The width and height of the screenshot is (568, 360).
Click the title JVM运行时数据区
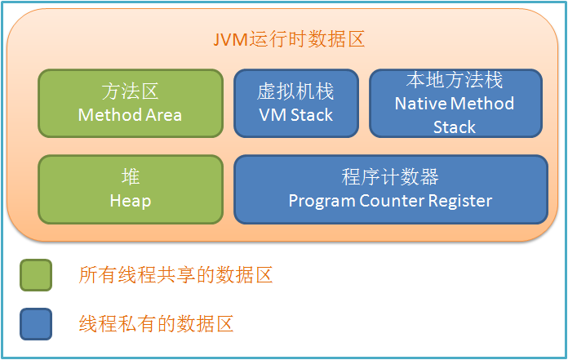[x=289, y=39]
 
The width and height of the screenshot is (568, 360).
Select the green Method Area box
[x=131, y=103]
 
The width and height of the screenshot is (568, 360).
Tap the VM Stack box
[x=296, y=103]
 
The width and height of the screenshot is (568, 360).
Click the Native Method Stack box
[x=455, y=103]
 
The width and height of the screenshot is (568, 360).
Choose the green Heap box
[x=131, y=189]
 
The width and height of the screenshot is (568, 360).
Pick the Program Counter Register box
[x=390, y=189]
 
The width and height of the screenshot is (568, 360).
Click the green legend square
[x=36, y=275]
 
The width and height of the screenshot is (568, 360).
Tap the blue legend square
[x=36, y=324]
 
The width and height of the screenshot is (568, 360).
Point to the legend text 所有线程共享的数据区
[x=175, y=275]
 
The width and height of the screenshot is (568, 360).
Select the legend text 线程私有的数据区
[x=156, y=324]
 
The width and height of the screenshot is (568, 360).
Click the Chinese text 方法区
[x=130, y=91]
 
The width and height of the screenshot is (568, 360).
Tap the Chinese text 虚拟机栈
[x=295, y=91]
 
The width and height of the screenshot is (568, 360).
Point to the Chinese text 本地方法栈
[x=455, y=80]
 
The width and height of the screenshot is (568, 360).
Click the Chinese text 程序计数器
[x=390, y=177]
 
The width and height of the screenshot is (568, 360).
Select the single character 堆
[x=131, y=177]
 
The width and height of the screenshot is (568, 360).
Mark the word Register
[x=460, y=202]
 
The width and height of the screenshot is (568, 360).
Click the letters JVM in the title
[x=230, y=40]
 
